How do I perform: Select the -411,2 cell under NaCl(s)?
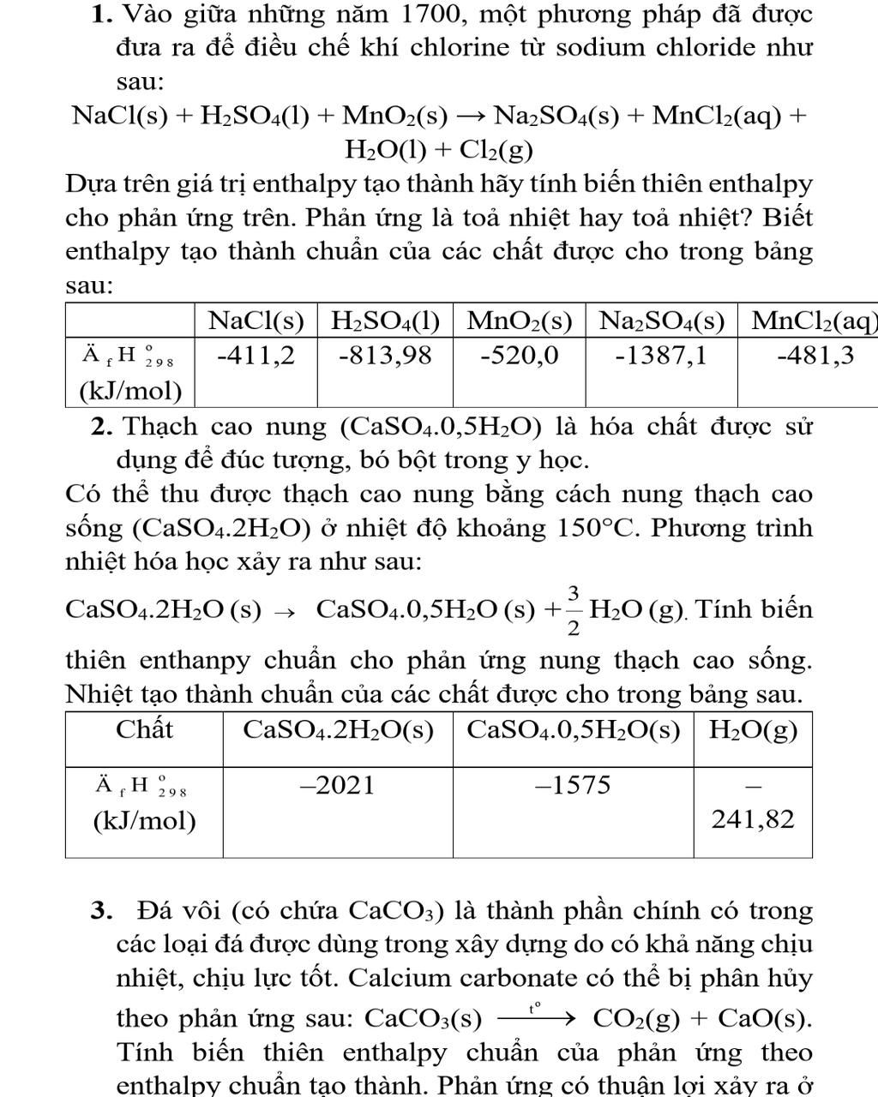(x=256, y=355)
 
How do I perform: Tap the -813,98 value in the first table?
(x=385, y=355)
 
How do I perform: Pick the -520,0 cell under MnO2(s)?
(x=519, y=355)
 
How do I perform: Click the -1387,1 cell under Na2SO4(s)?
(x=661, y=355)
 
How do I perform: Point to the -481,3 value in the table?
(x=815, y=355)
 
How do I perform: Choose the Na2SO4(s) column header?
(x=661, y=321)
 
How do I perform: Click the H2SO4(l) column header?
(x=385, y=321)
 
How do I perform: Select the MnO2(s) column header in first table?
(x=519, y=321)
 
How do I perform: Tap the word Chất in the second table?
(x=144, y=729)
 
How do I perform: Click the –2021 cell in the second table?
(x=337, y=785)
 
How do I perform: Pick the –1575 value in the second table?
(x=573, y=785)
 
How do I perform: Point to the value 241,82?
(x=753, y=819)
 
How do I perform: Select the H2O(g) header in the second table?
(x=753, y=730)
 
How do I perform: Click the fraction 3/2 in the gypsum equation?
(x=573, y=610)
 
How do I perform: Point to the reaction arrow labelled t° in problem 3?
(x=533, y=1017)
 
